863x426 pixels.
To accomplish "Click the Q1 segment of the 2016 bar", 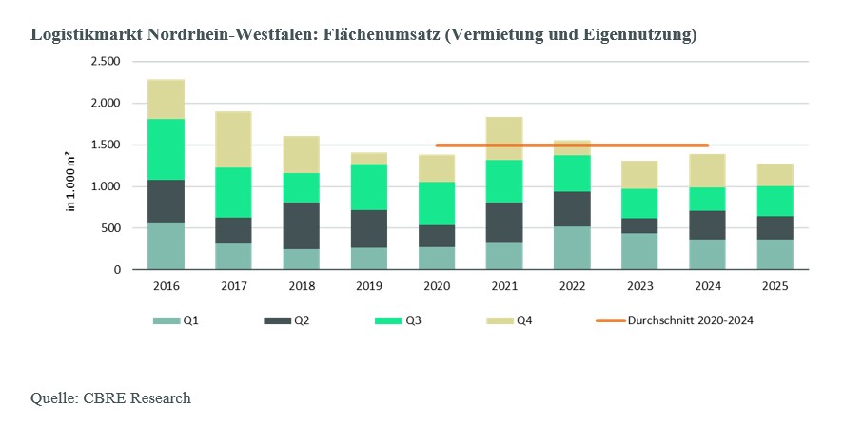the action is point(167,246).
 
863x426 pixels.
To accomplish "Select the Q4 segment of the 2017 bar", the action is point(234,140).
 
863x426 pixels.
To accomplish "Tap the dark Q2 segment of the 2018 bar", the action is point(302,225).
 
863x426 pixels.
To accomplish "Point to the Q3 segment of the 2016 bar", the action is point(167,149).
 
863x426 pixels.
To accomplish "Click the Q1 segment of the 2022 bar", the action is point(573,248).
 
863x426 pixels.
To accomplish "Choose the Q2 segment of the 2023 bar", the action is point(640,225).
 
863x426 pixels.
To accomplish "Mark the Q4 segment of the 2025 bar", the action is point(775,175).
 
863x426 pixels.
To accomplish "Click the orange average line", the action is point(573,145).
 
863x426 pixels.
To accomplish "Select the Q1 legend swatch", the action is point(167,320).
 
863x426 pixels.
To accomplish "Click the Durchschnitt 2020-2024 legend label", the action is point(690,320).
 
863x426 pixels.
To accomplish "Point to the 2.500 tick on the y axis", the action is point(105,61).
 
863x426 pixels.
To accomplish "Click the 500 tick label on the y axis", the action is point(110,228).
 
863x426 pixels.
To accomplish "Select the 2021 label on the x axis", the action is point(504,287).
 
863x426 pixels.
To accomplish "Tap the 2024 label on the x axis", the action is point(708,287).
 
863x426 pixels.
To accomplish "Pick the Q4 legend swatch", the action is point(500,320).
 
